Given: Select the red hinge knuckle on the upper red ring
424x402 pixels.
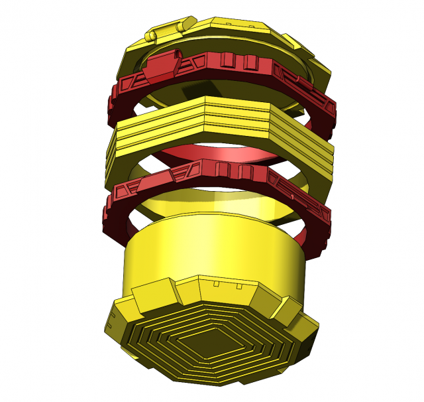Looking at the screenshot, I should pyautogui.click(x=161, y=64).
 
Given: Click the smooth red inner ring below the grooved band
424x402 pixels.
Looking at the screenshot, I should pyautogui.click(x=219, y=154).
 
